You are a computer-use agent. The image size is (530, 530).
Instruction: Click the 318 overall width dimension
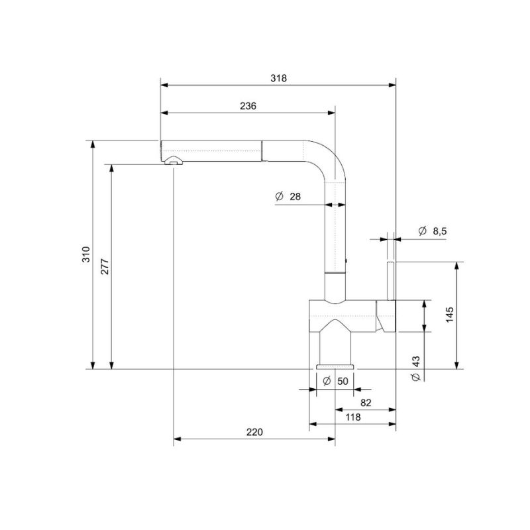pyautogui.click(x=279, y=78)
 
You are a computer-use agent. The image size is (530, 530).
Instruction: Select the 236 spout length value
pyautogui.click(x=248, y=106)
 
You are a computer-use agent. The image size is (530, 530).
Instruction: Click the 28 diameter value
pyautogui.click(x=295, y=196)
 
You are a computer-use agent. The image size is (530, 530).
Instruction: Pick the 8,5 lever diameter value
pyautogui.click(x=439, y=231)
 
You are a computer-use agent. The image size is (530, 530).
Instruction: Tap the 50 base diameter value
pyautogui.click(x=343, y=381)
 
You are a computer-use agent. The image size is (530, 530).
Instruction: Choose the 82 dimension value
pyautogui.click(x=365, y=402)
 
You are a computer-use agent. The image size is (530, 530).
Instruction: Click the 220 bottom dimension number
pyautogui.click(x=255, y=432)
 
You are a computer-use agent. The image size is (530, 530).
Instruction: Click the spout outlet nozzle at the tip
pyautogui.click(x=174, y=160)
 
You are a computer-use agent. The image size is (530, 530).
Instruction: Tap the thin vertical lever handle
pyautogui.click(x=392, y=281)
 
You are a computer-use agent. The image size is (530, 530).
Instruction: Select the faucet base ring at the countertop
pyautogui.click(x=337, y=366)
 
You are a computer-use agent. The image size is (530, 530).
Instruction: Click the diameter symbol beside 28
pyautogui.click(x=278, y=196)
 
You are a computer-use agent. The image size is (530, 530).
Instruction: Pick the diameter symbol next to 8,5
pyautogui.click(x=423, y=231)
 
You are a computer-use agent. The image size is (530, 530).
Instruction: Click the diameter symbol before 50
pyautogui.click(x=327, y=381)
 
